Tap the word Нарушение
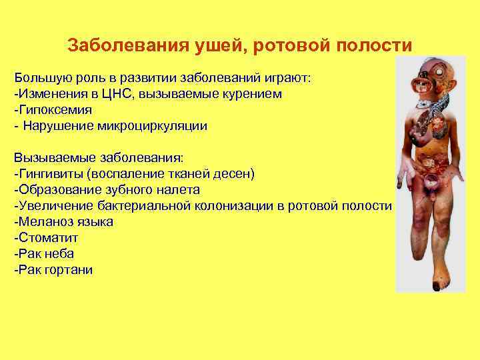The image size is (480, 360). click(x=65, y=125)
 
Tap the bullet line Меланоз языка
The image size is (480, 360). click(x=64, y=221)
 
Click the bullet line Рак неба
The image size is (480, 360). click(x=44, y=253)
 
